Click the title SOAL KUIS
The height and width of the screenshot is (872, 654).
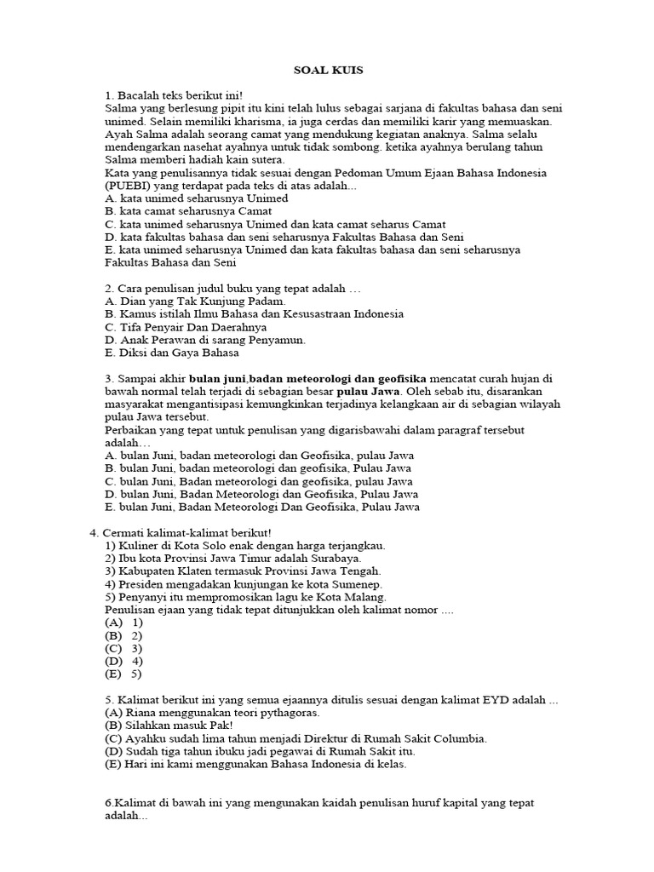pyautogui.click(x=327, y=70)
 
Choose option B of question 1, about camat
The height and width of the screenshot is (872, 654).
pyautogui.click(x=189, y=210)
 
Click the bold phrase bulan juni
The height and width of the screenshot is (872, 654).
pyautogui.click(x=217, y=378)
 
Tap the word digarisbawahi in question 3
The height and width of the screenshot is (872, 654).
pyautogui.click(x=358, y=430)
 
